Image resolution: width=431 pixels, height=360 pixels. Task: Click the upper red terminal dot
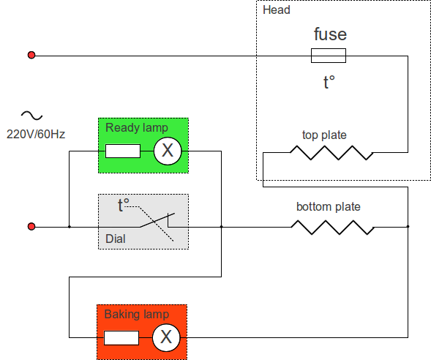31,55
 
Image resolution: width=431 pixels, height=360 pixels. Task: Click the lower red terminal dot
31,226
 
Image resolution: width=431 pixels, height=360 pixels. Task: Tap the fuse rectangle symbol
329,56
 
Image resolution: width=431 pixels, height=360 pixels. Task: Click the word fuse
330,34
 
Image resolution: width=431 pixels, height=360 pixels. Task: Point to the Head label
277,10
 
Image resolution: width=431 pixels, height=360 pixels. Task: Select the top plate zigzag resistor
331,152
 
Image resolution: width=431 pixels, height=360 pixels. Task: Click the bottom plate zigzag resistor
333,228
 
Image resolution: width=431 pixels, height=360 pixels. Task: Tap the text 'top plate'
324,135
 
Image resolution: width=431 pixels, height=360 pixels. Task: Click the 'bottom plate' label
329,206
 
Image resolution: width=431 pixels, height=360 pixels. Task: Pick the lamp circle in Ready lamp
168,151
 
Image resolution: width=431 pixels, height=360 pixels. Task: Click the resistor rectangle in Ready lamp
123,151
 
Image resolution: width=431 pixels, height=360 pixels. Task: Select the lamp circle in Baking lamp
166,337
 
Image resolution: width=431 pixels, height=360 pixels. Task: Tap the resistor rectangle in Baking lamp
121,338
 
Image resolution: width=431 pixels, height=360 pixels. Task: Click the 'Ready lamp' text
137,128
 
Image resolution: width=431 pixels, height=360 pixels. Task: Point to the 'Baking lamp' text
137,315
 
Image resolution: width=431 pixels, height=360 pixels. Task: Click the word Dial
116,239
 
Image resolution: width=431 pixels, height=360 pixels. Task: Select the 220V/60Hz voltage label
36,135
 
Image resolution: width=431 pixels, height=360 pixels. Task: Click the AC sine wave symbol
32,116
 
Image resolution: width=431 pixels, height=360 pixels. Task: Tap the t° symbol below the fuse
329,82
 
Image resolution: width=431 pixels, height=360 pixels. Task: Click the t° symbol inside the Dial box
124,205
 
